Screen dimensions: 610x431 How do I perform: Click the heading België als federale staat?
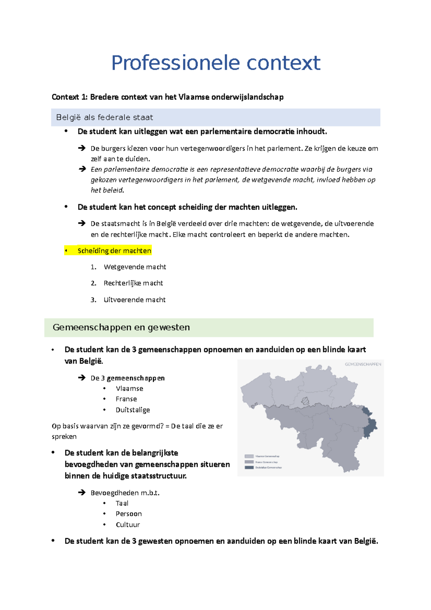point(105,117)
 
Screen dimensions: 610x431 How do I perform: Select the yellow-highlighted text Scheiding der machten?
point(114,251)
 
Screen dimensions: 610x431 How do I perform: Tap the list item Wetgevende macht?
point(135,267)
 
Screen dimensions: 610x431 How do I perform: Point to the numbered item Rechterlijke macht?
point(133,283)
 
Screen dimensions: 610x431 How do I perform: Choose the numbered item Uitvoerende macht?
point(134,300)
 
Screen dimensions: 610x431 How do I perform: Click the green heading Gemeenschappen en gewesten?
point(121,327)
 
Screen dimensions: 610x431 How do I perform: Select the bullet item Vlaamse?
point(129,388)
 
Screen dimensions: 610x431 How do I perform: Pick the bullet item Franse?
point(126,399)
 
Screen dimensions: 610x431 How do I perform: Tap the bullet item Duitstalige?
point(133,410)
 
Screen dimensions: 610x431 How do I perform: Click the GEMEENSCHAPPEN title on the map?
point(363,364)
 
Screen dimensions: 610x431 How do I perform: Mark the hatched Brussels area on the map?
point(305,401)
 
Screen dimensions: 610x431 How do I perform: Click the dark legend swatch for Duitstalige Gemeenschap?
point(249,467)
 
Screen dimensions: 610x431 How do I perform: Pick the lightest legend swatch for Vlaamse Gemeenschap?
point(249,456)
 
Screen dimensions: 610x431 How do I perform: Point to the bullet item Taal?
point(122,503)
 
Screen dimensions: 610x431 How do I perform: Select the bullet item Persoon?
point(129,514)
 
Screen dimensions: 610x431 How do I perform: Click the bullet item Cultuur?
point(128,524)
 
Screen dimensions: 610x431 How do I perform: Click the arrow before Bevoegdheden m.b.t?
point(82,493)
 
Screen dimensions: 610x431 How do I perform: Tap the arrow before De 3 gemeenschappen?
point(82,378)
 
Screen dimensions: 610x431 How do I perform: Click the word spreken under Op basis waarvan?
point(64,436)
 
